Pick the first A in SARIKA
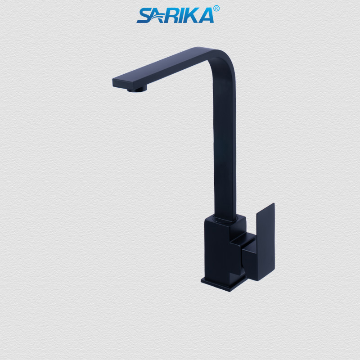click(158, 16)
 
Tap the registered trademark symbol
click(216, 9)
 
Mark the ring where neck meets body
click(225, 219)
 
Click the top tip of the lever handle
click(272, 205)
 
